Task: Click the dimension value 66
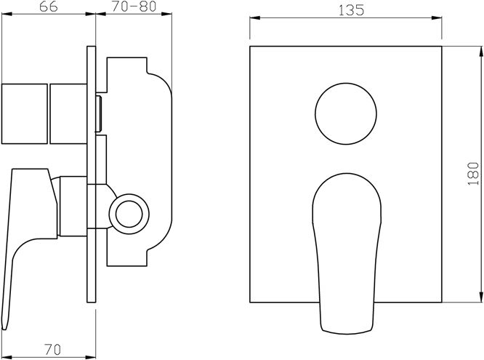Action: tap(49, 7)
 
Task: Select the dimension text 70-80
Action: tap(134, 7)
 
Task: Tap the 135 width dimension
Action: tap(351, 10)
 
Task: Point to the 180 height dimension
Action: tap(473, 173)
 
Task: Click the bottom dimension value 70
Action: tap(52, 350)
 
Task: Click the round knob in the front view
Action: tap(346, 113)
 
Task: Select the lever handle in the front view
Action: tap(347, 254)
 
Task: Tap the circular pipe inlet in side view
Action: tap(129, 214)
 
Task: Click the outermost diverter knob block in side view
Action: tap(25, 113)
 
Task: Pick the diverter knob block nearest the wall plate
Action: tap(68, 113)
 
